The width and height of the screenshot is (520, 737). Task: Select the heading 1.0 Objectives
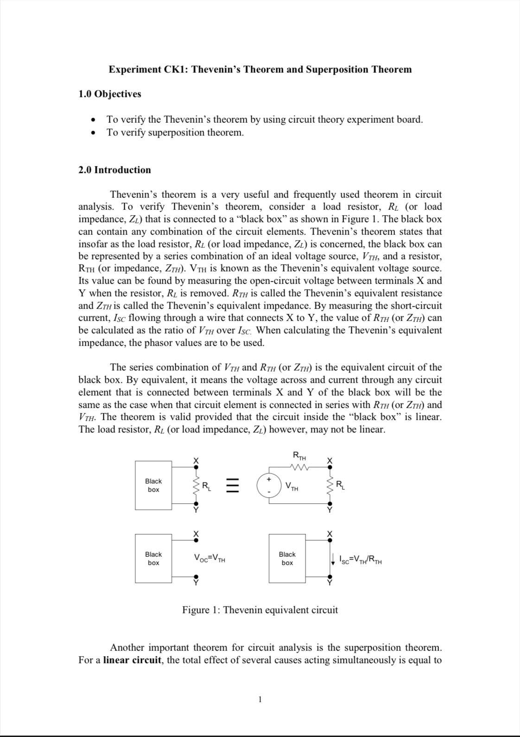[x=109, y=94]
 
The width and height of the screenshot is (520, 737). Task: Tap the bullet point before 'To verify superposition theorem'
[x=94, y=133]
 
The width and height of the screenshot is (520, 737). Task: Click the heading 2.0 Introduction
[x=114, y=170]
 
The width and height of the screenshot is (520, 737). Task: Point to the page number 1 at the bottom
[x=260, y=699]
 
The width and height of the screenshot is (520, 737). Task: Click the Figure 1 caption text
[x=260, y=610]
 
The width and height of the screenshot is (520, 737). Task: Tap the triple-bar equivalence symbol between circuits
[x=233, y=485]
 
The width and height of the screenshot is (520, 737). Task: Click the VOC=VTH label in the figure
[x=209, y=558]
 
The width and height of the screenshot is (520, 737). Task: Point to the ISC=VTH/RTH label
[x=360, y=560]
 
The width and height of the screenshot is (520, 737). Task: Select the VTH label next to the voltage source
[x=292, y=487]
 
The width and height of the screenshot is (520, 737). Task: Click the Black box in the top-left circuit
[x=153, y=485]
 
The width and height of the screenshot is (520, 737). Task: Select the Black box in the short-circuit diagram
[x=287, y=558]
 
